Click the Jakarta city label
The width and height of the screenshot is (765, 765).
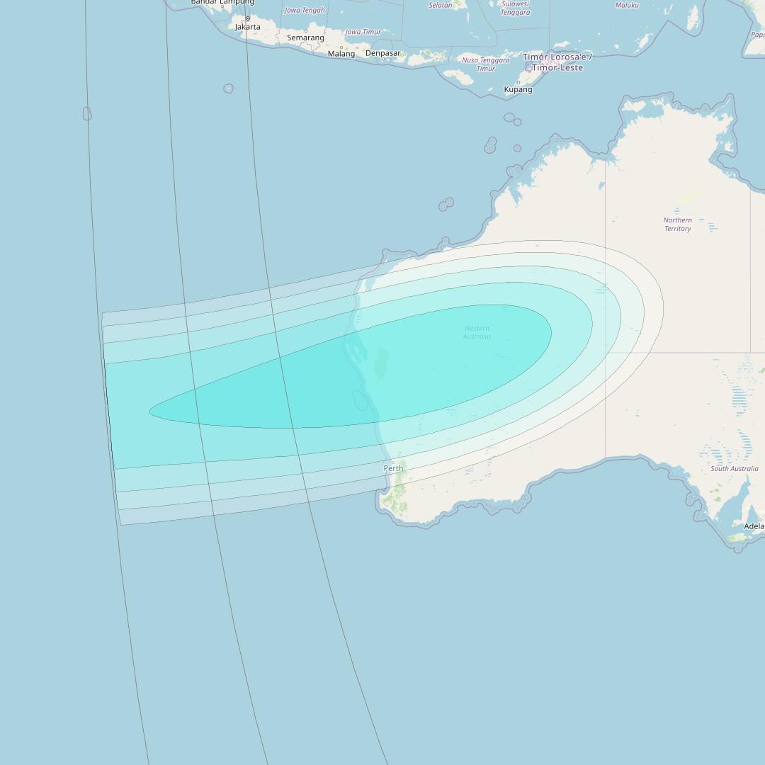247,27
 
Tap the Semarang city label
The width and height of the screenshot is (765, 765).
305,38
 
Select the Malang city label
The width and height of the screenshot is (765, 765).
341,54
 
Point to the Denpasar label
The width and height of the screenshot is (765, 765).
382,53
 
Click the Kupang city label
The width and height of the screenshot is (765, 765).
518,90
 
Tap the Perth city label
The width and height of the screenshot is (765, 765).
393,468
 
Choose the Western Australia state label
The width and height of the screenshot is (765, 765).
477,332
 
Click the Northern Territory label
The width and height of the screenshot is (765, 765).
677,225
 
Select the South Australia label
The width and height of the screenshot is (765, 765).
735,469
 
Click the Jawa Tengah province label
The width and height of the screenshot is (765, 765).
305,11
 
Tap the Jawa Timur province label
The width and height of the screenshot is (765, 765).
363,32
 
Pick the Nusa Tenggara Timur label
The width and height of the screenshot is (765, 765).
486,64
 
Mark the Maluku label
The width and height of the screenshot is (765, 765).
627,5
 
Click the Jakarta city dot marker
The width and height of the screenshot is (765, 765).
247,18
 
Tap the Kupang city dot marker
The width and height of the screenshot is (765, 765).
518,82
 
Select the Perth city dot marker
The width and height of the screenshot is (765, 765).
393,462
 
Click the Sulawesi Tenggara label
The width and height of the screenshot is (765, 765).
515,8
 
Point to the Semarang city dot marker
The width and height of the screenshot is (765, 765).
305,31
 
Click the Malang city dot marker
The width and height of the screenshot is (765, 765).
341,47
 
